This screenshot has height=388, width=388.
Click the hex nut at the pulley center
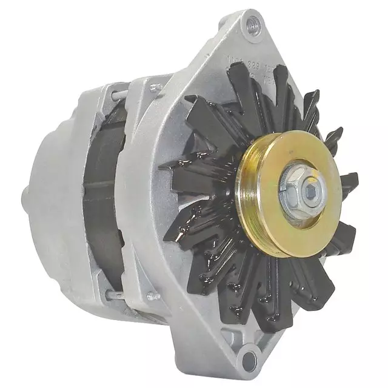point(303,193)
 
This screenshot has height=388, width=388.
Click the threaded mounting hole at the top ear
point(253,25)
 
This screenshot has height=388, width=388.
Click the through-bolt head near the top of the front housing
point(155,89)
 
